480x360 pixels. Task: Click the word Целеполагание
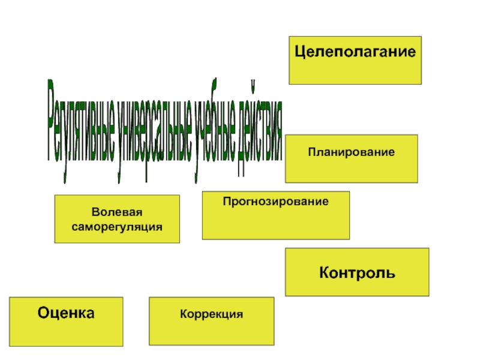point(355,52)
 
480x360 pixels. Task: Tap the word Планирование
point(352,152)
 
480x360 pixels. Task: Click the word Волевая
point(117,213)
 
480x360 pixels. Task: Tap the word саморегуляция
point(117,227)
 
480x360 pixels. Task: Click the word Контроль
point(357,273)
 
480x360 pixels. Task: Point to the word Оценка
point(66,313)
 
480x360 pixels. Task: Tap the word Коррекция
point(211,314)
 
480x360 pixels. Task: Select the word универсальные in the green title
point(154,135)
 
